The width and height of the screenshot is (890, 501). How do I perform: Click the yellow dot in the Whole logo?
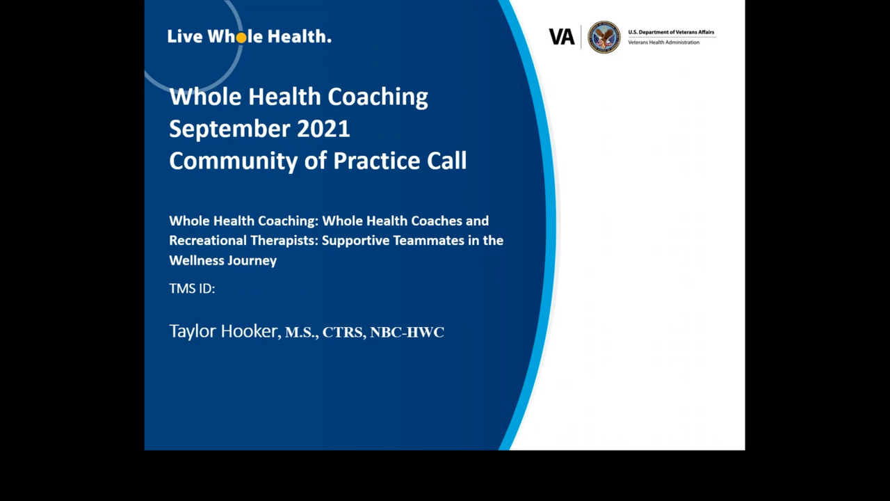coord(241,38)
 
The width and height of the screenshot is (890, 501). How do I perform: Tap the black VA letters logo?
coord(561,37)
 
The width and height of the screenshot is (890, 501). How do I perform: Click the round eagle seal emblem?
coord(604,37)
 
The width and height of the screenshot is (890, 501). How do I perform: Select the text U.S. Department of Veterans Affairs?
coord(671,32)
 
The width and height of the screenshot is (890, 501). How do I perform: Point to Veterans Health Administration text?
coord(663,42)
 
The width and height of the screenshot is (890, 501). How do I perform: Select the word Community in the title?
coord(234,161)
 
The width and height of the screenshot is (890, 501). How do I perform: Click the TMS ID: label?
coord(192,288)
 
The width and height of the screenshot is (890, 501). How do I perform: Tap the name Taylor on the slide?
coord(193,332)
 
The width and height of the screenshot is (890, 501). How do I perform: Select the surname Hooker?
coord(250,331)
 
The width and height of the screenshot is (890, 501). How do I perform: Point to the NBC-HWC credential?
coord(407,333)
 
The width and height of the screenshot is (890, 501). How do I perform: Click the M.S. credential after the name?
coord(301,333)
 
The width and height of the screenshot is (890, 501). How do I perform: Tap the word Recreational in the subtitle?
coord(208,240)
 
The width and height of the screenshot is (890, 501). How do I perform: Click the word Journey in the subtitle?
coord(252,261)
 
